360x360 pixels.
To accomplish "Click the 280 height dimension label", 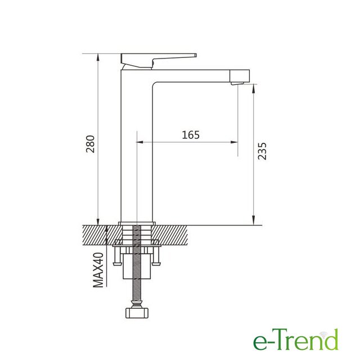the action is [90, 144].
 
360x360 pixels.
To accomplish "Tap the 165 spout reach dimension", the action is [191, 135].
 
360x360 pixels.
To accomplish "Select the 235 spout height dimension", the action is [262, 151].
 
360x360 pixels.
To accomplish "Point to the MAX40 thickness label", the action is [98, 270].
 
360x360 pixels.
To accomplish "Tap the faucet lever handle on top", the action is [159, 61].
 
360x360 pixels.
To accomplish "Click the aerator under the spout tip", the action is [237, 83].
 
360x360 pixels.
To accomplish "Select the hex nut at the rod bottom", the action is [137, 313].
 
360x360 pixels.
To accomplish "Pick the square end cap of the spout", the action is [240, 76].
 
